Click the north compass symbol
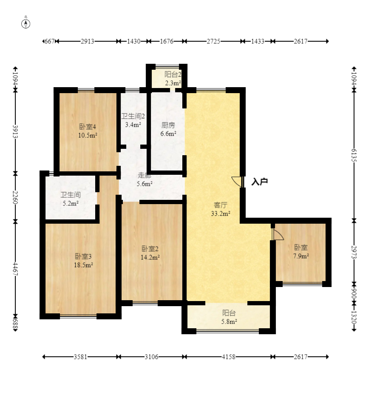[x=25, y=23]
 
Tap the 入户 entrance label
[x=260, y=182]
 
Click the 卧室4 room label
[x=88, y=126]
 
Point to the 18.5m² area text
[x=83, y=265]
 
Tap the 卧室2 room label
[x=150, y=248]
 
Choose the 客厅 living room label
[x=221, y=205]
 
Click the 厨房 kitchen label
[x=168, y=125]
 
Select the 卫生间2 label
[x=133, y=116]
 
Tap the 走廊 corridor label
[x=144, y=175]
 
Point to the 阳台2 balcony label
[x=173, y=74]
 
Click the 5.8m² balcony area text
[x=229, y=321]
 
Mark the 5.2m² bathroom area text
[x=71, y=203]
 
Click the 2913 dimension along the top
[x=88, y=41]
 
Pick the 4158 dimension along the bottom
[x=229, y=357]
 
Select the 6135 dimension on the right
[x=354, y=155]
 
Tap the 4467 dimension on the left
[x=15, y=269]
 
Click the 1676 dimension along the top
[x=167, y=41]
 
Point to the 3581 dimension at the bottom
[x=80, y=357]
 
